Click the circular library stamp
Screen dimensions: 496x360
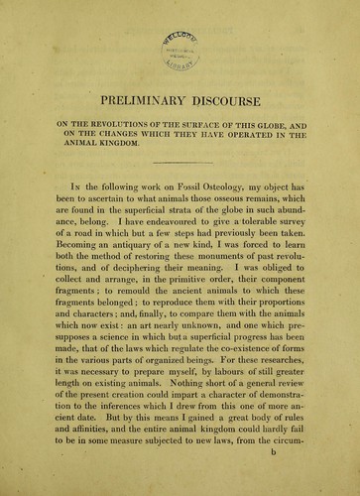[181, 41]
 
